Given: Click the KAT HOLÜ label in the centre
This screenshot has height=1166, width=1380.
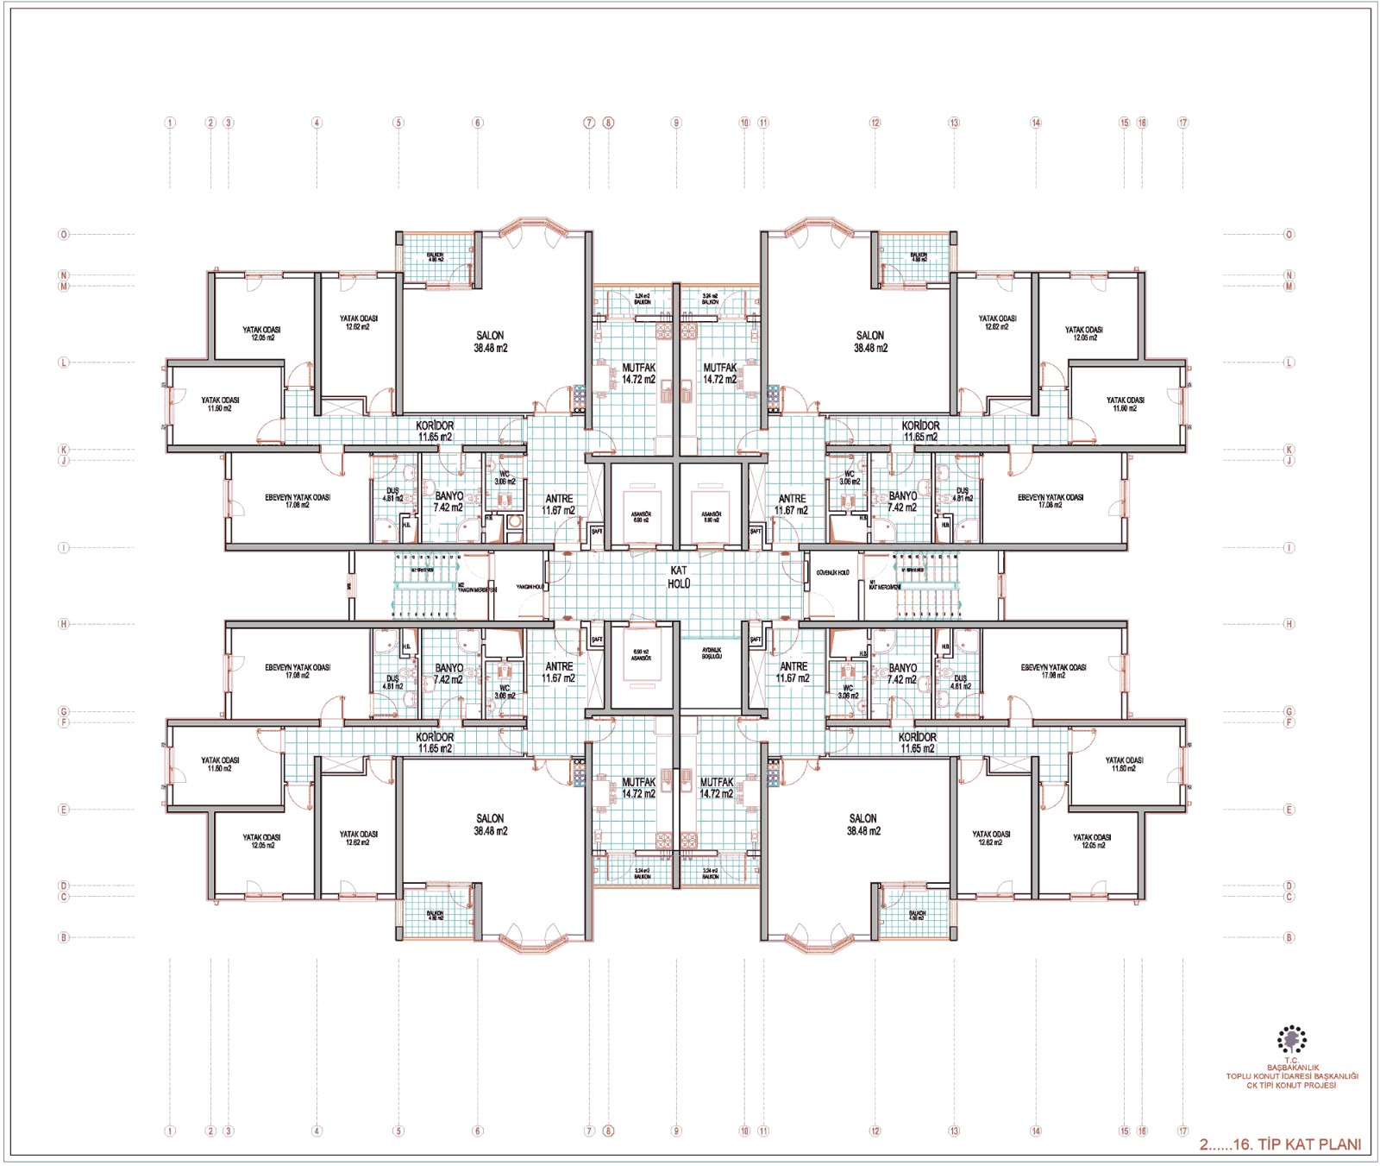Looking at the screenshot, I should point(679,577).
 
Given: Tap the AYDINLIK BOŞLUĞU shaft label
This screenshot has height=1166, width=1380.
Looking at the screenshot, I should point(712,653).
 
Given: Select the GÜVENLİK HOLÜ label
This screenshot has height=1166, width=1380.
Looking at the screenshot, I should point(832,572).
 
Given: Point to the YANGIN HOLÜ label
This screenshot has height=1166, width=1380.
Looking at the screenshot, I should point(530,587).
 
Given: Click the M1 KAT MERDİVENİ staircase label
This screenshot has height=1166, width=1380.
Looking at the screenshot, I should point(884,586).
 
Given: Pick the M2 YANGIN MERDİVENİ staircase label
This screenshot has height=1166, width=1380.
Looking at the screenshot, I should point(476,588).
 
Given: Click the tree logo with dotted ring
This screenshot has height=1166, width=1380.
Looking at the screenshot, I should point(1291,1039).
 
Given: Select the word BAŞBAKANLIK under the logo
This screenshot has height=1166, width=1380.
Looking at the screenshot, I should point(1292,1068).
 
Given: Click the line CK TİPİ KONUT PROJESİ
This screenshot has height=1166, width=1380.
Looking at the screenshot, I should point(1291,1085).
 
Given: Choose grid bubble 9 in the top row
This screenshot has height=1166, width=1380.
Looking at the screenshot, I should point(676,123).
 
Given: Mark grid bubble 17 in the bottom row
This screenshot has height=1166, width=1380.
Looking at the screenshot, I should point(1182,1131).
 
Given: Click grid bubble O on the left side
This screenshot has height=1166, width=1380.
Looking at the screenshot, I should point(63,234).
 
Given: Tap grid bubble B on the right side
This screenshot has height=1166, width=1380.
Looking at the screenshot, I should point(1289,937).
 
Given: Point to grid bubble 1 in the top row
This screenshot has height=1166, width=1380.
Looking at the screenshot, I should point(170,123).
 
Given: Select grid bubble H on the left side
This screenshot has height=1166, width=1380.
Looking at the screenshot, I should point(63,623).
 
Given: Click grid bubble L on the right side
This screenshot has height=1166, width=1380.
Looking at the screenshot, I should point(1289,362).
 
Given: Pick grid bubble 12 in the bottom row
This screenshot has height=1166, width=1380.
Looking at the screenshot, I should point(875,1131).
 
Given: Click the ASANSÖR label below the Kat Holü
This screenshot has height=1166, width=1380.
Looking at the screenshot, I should point(641,655).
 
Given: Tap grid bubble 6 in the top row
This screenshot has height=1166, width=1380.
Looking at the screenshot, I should point(478,123).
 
